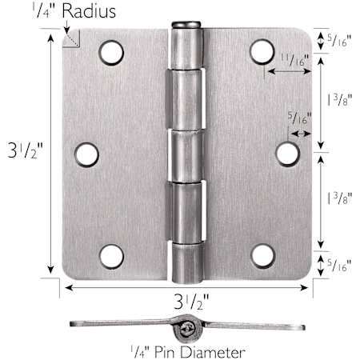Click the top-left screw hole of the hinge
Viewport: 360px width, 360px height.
point(111,53)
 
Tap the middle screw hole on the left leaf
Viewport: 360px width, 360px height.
point(86,155)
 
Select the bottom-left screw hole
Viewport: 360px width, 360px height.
point(112,257)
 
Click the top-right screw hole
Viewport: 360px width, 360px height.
point(262,51)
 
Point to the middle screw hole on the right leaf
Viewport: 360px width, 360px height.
point(287,154)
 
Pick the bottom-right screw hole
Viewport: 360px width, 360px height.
point(262,256)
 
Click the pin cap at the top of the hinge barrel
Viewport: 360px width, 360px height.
point(186,25)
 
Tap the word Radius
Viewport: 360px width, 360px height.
point(89,11)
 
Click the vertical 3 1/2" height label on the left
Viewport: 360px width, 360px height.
point(25,150)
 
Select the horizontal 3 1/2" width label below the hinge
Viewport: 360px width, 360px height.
point(191,302)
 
